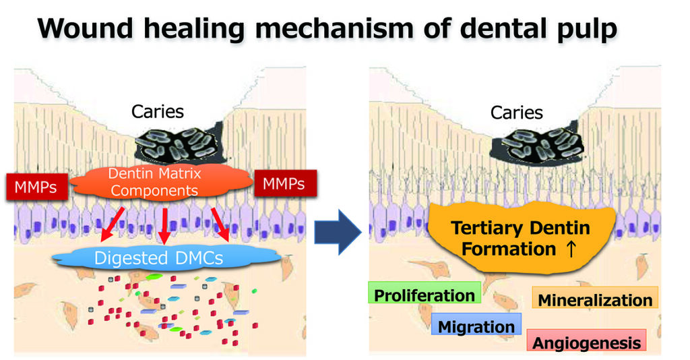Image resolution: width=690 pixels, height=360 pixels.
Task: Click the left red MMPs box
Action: [36, 185]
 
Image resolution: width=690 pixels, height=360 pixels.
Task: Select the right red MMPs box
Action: [283, 184]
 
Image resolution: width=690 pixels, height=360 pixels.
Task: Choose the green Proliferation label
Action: [425, 295]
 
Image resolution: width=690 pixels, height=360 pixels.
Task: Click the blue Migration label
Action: [476, 327]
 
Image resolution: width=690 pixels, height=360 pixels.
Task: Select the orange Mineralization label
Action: [595, 299]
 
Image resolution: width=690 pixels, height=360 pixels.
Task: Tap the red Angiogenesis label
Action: [586, 342]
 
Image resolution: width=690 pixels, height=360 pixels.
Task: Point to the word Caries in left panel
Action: [158, 112]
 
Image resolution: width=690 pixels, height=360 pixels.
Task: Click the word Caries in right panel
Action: [517, 112]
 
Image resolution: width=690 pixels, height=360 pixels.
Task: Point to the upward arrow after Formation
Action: [571, 249]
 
